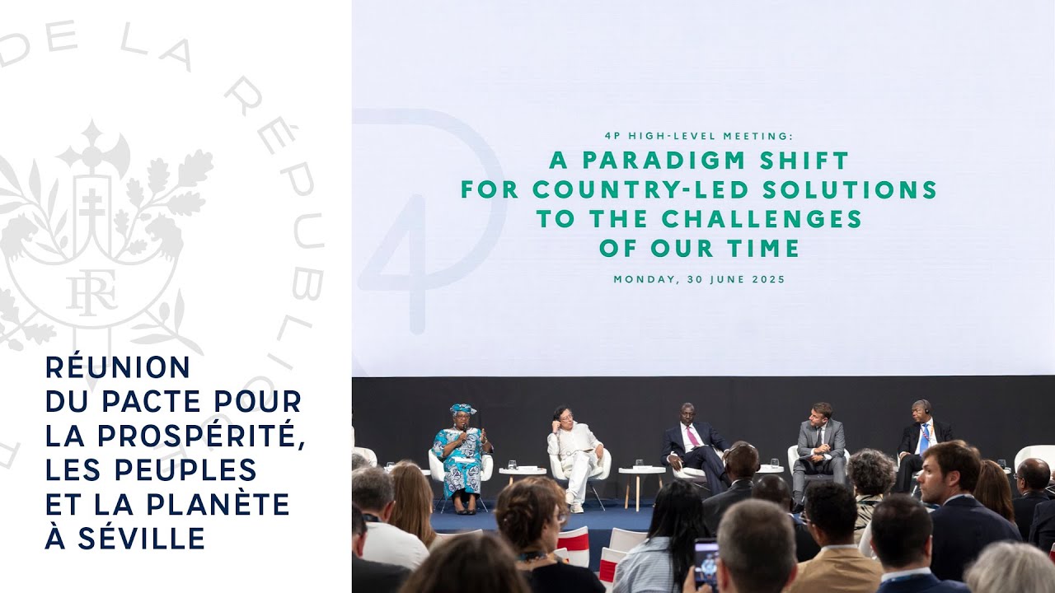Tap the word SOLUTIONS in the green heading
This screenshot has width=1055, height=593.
point(849,189)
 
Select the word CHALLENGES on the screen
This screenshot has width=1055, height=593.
point(762,219)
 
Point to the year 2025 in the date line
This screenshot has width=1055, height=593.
point(768,279)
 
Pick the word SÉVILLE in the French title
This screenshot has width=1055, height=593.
point(141,538)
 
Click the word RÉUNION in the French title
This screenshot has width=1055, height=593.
point(118,367)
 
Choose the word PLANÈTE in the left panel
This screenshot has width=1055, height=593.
point(218,504)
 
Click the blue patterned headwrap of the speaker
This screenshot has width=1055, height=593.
point(462,409)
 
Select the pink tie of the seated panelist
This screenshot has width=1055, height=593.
point(692,436)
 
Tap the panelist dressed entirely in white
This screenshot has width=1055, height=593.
point(574,456)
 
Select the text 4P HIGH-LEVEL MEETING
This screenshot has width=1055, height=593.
point(699,136)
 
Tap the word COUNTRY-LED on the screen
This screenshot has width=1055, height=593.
point(640,189)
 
